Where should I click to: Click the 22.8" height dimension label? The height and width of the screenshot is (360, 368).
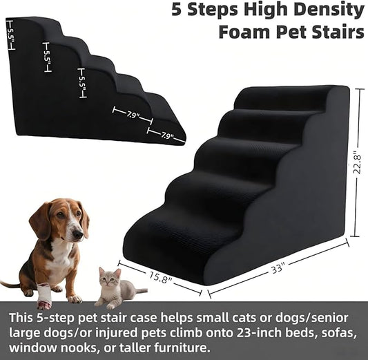click(356, 163)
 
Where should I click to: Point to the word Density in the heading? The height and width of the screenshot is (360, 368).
click(329, 10)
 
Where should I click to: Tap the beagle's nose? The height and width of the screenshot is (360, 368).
click(77, 236)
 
